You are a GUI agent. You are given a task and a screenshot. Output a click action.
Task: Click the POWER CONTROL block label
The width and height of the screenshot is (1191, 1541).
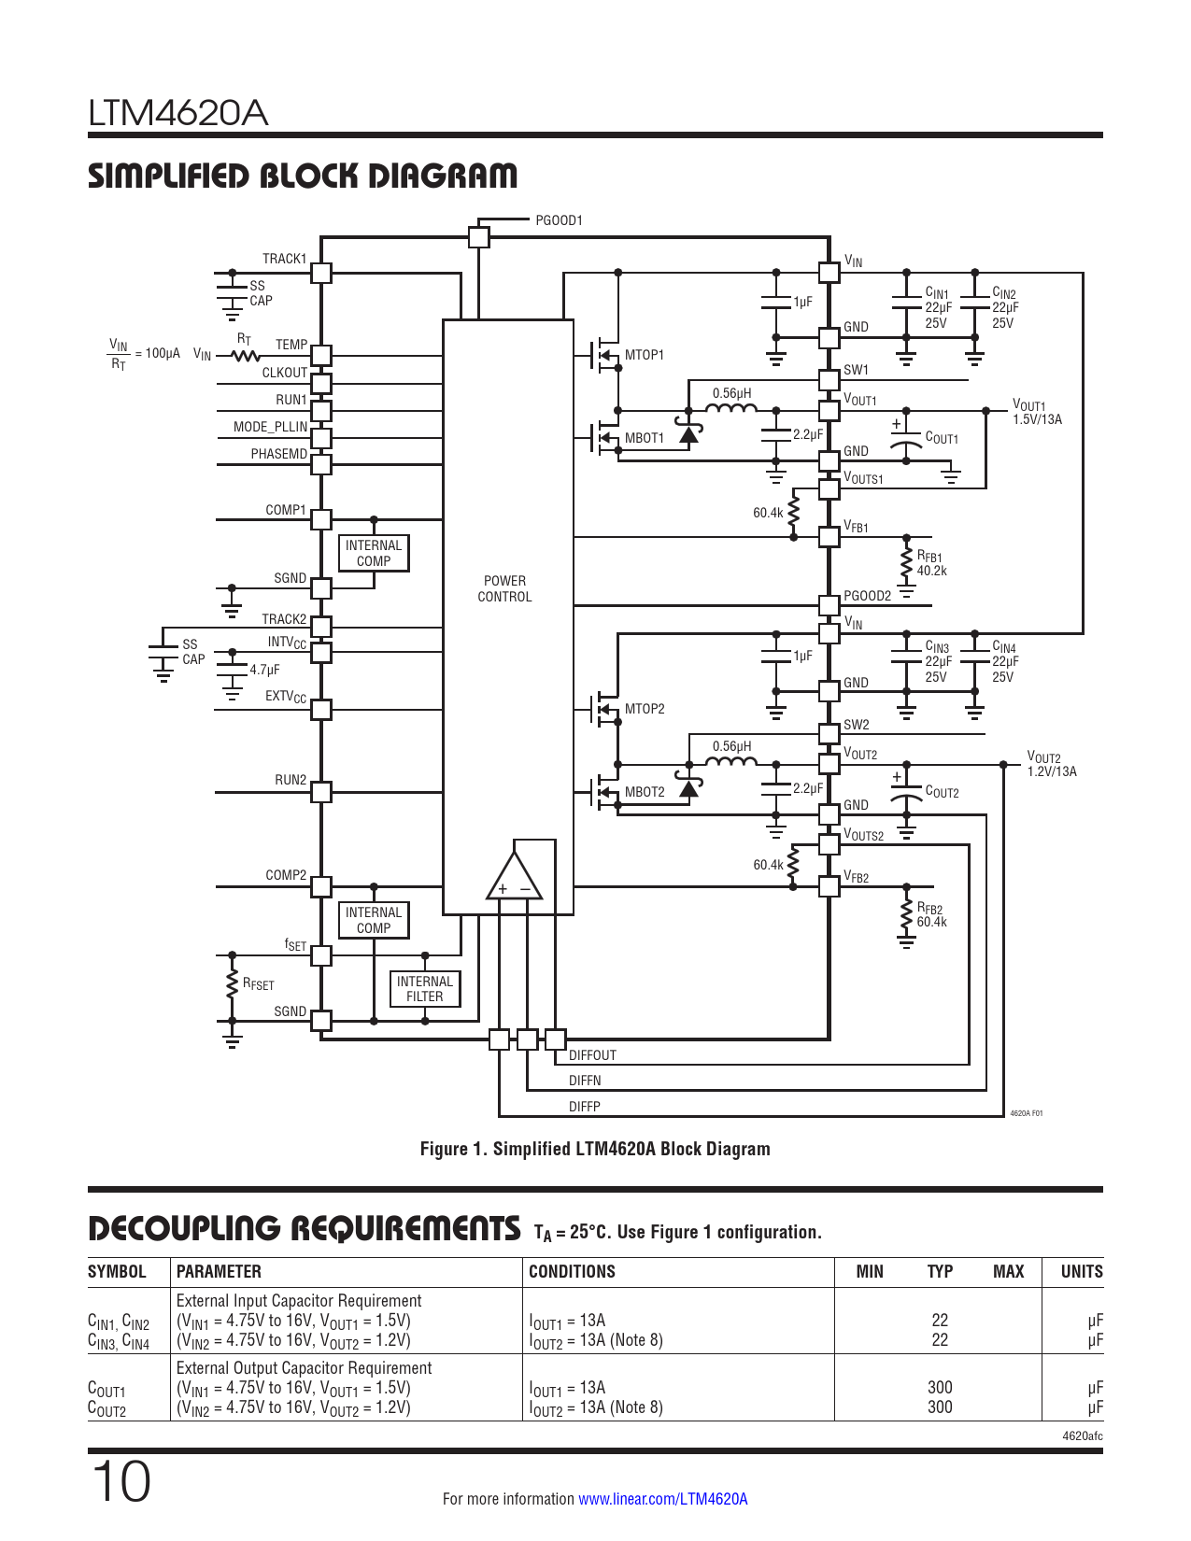click(x=504, y=588)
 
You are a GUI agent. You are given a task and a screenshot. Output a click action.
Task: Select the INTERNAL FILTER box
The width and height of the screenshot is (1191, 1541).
click(x=425, y=989)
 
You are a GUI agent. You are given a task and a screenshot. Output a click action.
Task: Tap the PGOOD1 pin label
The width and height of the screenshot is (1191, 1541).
click(x=559, y=220)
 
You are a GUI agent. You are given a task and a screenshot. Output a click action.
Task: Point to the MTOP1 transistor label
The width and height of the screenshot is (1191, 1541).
click(x=645, y=355)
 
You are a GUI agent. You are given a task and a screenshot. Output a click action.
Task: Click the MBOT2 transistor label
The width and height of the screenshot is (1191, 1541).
click(x=645, y=792)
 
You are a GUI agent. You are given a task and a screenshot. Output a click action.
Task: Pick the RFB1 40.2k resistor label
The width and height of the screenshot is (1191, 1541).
click(x=931, y=563)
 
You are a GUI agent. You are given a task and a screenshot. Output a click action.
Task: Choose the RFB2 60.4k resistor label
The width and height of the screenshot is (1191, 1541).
click(x=931, y=915)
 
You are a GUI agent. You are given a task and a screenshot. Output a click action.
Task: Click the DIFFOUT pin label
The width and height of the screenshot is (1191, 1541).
click(x=592, y=1055)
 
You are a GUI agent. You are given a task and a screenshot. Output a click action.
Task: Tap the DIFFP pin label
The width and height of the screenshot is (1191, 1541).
click(x=585, y=1107)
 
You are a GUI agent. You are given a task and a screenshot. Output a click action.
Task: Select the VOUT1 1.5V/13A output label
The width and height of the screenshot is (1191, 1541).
click(x=1037, y=412)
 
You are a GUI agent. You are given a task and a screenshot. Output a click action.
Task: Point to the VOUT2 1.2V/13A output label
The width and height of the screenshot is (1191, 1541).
click(x=1052, y=764)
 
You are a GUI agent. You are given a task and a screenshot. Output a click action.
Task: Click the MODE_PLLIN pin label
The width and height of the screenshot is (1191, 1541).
click(x=270, y=427)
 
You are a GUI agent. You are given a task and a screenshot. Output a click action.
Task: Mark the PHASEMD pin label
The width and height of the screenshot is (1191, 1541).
click(x=278, y=454)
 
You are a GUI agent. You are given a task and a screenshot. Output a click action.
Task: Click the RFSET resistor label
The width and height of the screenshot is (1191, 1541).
click(x=259, y=984)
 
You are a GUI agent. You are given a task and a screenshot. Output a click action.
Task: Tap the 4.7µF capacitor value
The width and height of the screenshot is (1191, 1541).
click(x=264, y=670)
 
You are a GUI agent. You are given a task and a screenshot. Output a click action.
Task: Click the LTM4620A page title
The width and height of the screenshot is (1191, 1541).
click(x=177, y=113)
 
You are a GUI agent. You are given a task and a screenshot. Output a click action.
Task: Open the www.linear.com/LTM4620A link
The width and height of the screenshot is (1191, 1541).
click(x=662, y=1499)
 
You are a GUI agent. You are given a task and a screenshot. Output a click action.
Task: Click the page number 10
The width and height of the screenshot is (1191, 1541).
click(x=121, y=1482)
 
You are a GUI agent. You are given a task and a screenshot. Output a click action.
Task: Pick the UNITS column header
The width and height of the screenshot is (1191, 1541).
click(x=1082, y=1271)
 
